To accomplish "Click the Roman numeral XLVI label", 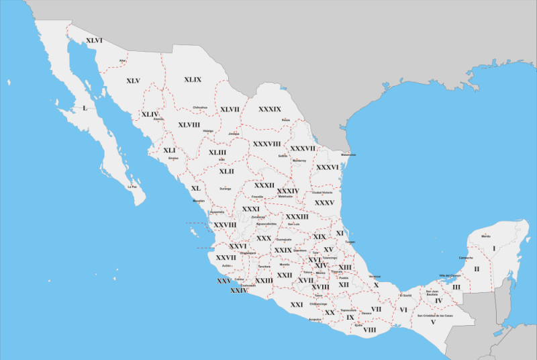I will click(94, 41).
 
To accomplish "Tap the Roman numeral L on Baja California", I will click(85, 108).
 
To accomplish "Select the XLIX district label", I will click(193, 80).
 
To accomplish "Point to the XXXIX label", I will click(270, 109).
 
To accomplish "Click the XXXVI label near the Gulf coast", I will click(328, 167).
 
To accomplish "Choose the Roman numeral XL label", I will click(196, 189).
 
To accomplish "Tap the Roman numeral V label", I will click(434, 322).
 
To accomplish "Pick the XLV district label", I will click(133, 81).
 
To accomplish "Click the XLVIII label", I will click(189, 125).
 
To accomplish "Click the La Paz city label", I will click(132, 186).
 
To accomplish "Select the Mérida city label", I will click(486, 236).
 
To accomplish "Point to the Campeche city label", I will click(466, 258).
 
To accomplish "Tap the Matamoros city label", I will click(348, 155).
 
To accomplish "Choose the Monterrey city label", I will click(299, 161).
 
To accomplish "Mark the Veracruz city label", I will click(375, 277).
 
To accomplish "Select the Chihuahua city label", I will click(200, 107).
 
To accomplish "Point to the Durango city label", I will click(225, 189).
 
